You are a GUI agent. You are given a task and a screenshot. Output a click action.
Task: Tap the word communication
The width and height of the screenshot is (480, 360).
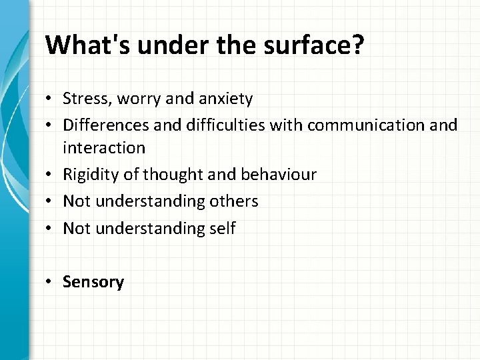pos(357,125)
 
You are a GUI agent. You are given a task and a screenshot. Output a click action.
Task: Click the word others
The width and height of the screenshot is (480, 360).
pos(233,200)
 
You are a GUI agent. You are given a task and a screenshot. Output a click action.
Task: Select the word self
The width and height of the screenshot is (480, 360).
pos(221,228)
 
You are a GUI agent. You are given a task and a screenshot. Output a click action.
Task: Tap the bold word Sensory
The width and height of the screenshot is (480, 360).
pos(93,282)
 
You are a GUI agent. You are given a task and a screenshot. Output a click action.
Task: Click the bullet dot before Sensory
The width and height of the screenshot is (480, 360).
pos(50,283)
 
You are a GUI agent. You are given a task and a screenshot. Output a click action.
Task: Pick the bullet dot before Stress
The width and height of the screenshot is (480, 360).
pos(50,100)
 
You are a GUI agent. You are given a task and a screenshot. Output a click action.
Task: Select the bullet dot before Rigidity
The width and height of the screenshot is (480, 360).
pos(50,175)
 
